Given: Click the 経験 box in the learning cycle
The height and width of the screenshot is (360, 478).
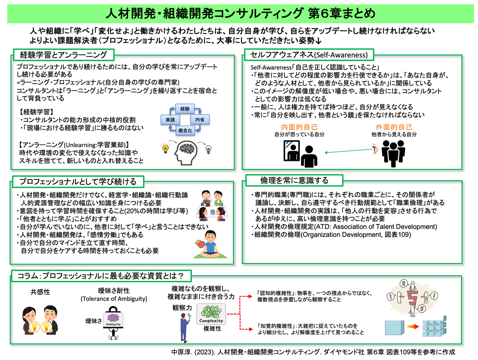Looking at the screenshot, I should click(x=185, y=109).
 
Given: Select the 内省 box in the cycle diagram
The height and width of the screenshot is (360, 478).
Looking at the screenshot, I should click(x=200, y=120).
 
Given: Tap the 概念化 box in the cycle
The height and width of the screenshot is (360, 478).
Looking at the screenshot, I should click(x=185, y=130).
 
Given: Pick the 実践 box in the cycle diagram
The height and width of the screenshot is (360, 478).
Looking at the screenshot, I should click(x=170, y=120).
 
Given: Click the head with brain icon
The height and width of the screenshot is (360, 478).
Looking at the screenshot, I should click(x=185, y=152).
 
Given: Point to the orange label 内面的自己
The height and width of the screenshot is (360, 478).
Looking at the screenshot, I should click(x=299, y=127).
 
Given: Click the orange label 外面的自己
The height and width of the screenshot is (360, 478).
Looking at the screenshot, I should click(x=394, y=127).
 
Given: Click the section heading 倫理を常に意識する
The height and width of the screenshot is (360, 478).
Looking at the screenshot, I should click(x=294, y=180).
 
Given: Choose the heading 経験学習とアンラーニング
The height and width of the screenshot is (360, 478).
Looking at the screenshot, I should click(x=63, y=55).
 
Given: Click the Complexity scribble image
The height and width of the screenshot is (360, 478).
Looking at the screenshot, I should click(x=211, y=314).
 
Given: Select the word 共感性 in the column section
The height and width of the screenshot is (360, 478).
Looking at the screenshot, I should click(x=40, y=292).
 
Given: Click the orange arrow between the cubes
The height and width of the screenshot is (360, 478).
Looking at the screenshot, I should click(x=413, y=327).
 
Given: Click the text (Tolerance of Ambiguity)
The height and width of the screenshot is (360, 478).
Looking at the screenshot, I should click(x=114, y=299).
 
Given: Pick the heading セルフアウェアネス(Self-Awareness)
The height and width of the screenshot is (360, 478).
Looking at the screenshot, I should click(x=309, y=55).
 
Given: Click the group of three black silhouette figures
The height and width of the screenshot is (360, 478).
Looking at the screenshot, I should click(x=394, y=153).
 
